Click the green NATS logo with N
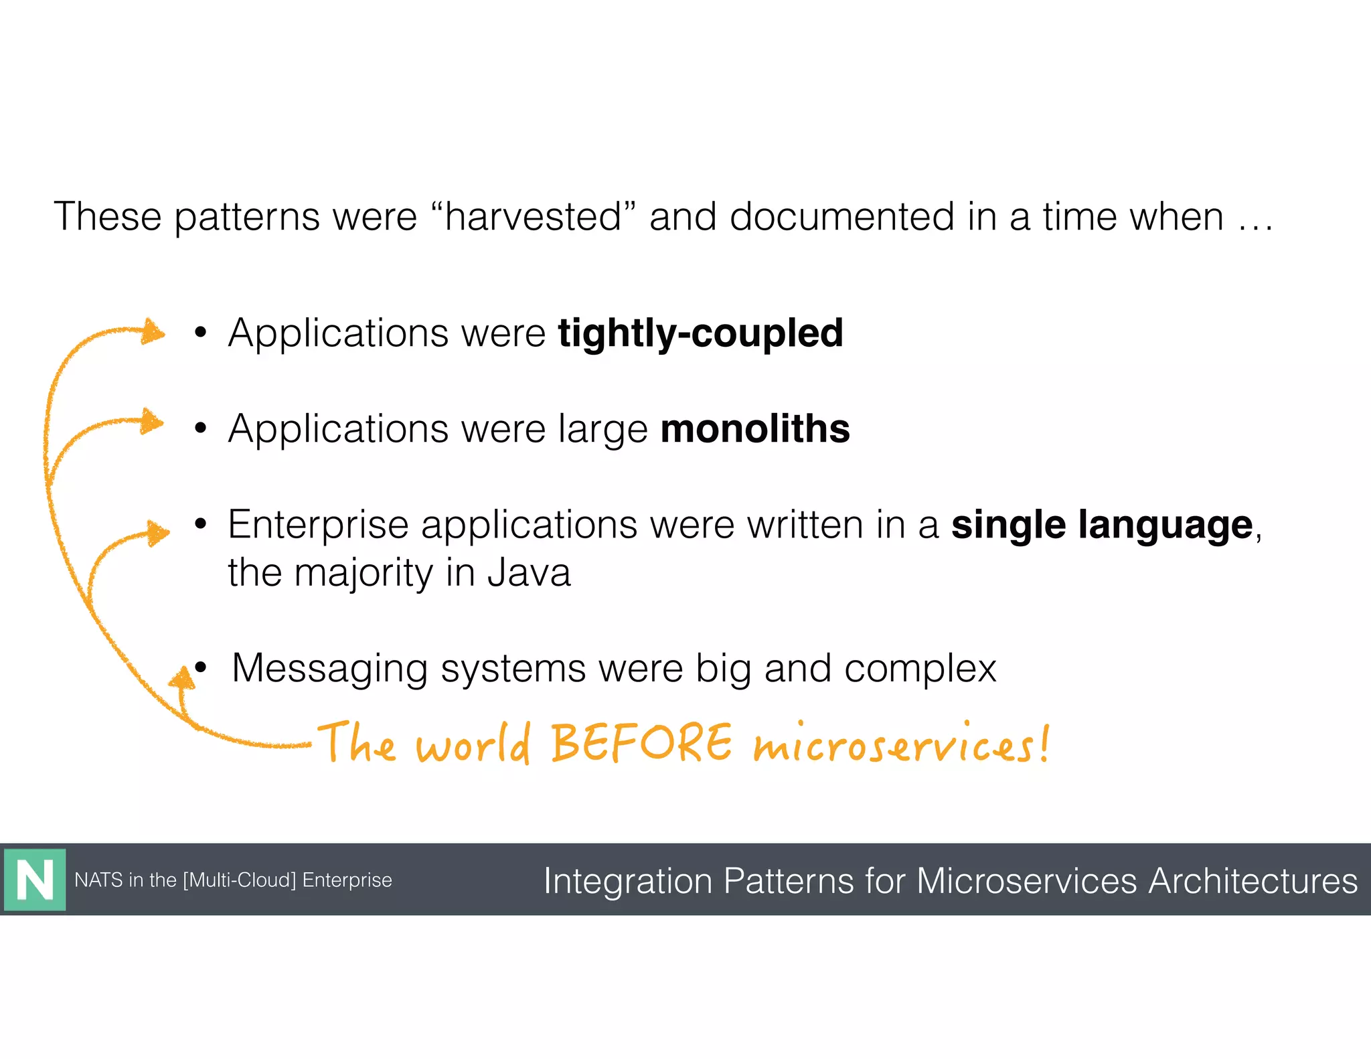coord(35,880)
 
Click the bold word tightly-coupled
coord(700,333)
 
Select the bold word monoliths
coord(754,428)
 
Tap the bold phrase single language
coord(1101,525)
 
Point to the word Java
coord(529,573)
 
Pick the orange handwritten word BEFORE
coord(641,744)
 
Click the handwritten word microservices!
coord(900,745)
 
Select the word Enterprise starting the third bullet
coord(318,525)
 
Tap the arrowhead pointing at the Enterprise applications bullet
coord(158,534)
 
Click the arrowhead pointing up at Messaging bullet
coord(182,677)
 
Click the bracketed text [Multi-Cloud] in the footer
coord(239,880)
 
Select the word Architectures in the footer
coord(1253,881)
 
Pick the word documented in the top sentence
coord(841,217)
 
